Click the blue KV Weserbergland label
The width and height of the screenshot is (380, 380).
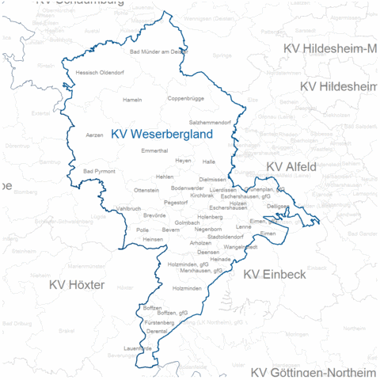tap(161, 135)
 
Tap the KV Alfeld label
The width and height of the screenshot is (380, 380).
tap(291, 166)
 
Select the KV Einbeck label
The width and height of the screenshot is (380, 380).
tap(273, 274)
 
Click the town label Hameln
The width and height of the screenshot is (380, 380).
tap(132, 100)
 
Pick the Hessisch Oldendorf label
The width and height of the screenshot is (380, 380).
tap(100, 72)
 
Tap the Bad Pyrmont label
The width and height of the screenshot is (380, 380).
tap(99, 171)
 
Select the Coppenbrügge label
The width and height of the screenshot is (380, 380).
tap(185, 99)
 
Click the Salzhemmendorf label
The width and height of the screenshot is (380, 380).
tap(210, 123)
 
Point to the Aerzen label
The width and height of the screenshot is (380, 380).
tap(94, 135)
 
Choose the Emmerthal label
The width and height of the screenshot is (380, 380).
tap(154, 150)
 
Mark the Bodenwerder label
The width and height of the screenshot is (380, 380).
tap(187, 188)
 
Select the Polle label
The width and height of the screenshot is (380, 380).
tap(142, 230)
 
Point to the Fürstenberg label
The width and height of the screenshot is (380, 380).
tap(160, 323)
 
